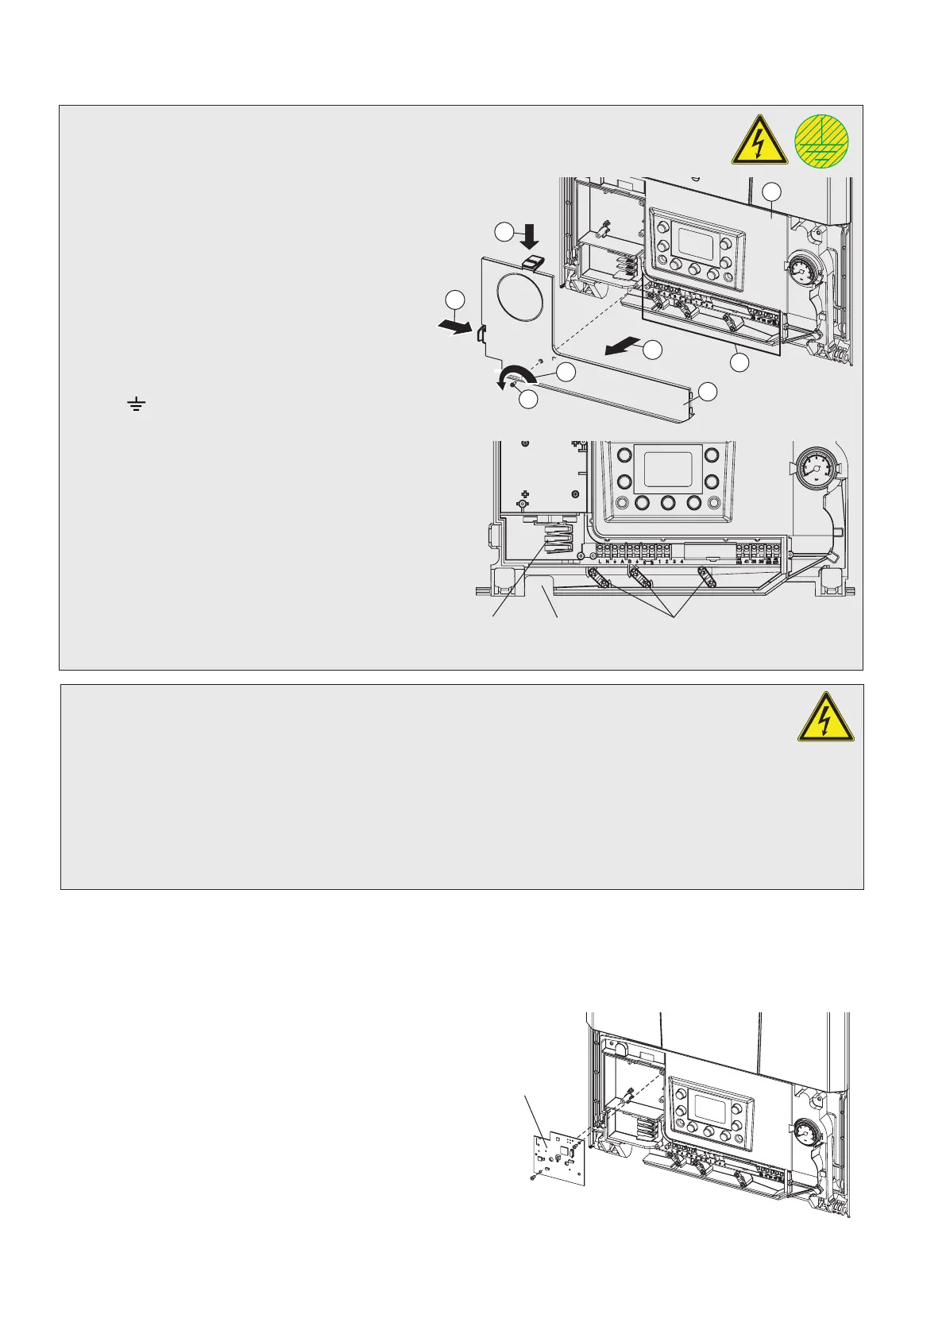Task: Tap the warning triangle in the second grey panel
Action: (826, 721)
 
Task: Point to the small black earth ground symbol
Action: (137, 407)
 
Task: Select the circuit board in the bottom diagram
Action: (562, 1156)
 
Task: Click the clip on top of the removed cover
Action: (535, 261)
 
